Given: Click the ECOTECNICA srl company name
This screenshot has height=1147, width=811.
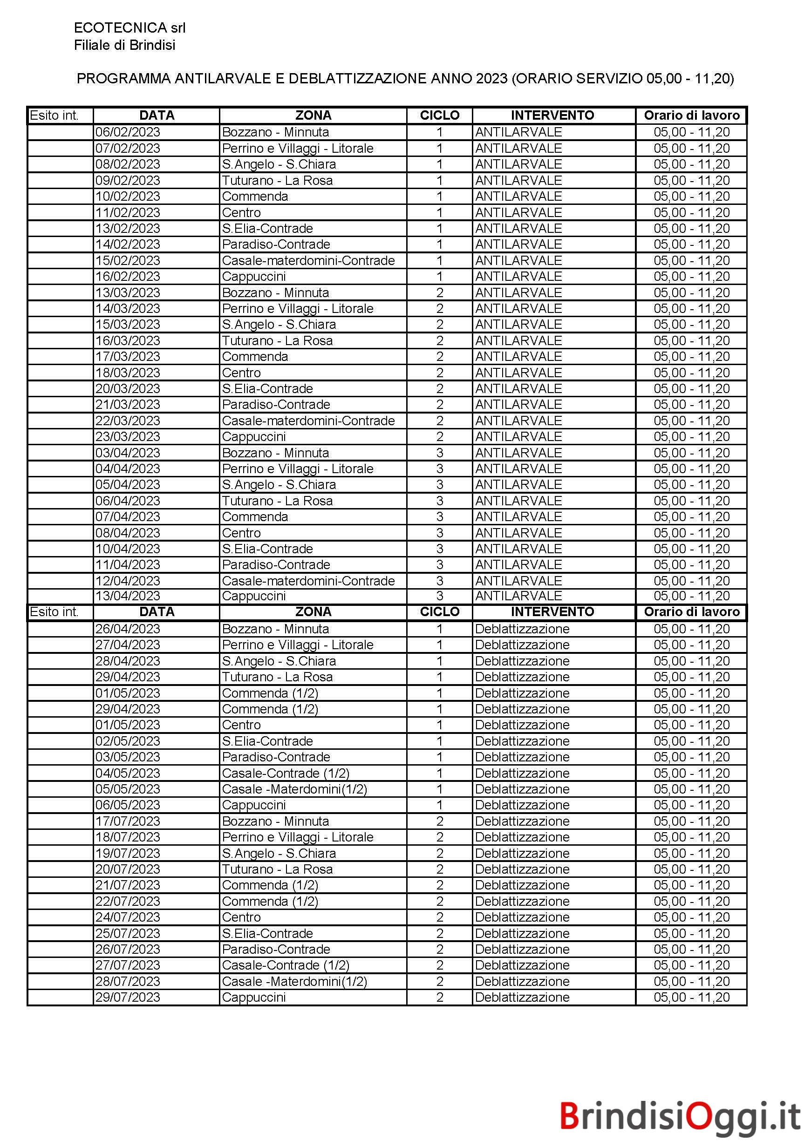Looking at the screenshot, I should pos(129,27).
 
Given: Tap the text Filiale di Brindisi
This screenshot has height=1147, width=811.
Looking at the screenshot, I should pos(124,46).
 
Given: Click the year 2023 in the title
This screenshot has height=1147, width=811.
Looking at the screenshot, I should pos(491,78).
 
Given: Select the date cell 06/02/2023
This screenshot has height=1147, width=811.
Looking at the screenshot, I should pos(128,132).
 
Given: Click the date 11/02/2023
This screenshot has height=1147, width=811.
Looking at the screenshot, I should pos(128,213).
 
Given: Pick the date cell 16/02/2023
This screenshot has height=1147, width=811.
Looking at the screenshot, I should pos(128,277).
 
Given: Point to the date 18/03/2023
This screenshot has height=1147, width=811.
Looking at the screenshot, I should pos(128,373).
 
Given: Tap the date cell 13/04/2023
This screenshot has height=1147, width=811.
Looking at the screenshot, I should pos(128,596).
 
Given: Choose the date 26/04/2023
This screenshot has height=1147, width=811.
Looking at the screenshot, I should pos(128,629).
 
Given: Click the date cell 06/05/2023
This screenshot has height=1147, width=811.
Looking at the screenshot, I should pos(128,805).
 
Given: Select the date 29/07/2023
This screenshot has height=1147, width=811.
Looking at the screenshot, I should pos(128,998).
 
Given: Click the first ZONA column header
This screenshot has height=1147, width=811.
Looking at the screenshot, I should pos(313,115).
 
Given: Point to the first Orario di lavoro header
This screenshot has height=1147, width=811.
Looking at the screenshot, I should pos(692,115).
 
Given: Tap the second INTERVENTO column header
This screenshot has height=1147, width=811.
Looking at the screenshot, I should pos(552,612).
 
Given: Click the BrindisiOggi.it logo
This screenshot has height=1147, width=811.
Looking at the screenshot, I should pos(680,1116).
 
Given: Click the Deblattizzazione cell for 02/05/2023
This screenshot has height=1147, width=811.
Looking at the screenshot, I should pos(522,741).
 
